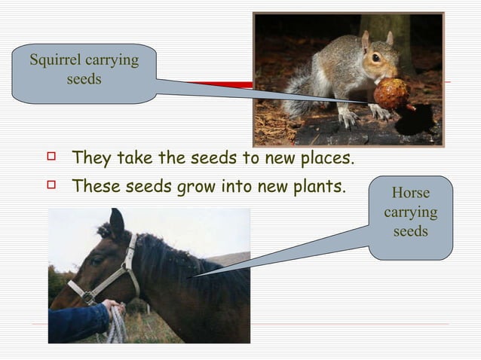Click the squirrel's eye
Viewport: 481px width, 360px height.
point(375,58)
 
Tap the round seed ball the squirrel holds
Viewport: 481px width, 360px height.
point(391,94)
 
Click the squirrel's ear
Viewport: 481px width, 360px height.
point(366,39)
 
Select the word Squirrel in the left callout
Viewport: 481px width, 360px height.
point(56,60)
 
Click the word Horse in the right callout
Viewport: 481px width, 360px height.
point(411,193)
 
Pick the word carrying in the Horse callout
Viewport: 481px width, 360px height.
point(411,212)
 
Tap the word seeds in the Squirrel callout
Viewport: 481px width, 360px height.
point(84,79)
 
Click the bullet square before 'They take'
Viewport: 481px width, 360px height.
point(51,158)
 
